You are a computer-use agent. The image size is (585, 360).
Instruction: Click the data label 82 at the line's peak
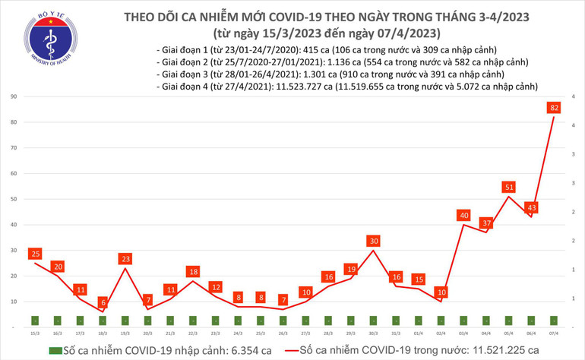(x=555, y=108)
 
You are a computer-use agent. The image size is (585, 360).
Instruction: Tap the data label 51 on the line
(x=508, y=187)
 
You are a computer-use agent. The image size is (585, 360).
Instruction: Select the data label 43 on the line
(x=532, y=207)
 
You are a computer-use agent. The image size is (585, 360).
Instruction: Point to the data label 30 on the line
(x=373, y=241)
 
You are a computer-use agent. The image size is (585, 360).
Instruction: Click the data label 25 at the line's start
(x=34, y=253)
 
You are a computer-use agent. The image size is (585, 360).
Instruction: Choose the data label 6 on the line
(x=103, y=302)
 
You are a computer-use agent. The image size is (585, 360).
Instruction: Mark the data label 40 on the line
(x=463, y=216)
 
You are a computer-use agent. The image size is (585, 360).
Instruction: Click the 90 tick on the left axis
(x=14, y=96)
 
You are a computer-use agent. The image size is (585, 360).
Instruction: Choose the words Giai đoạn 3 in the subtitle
(x=183, y=74)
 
